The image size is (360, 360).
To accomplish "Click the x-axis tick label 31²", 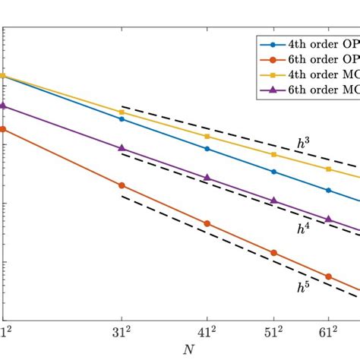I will (x=122, y=332).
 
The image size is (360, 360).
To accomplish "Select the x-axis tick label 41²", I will (x=207, y=332).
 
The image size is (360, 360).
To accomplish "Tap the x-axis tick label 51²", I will (x=273, y=332).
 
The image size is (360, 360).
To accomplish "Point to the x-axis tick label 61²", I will (x=328, y=332).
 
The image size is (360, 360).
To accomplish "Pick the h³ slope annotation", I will (x=303, y=141).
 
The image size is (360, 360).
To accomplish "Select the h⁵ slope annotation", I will (x=303, y=286).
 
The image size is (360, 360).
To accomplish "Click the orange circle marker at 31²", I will (x=122, y=185).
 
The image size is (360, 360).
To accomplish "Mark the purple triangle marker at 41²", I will (x=207, y=178).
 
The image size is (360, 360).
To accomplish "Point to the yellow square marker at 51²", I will (x=273, y=155).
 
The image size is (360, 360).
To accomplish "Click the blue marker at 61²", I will (x=328, y=191).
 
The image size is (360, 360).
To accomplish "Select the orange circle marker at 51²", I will (x=273, y=253).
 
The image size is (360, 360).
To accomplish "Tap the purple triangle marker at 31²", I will (x=122, y=148).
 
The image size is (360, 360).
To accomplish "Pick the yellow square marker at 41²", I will (x=207, y=136).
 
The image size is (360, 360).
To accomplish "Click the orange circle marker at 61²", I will (x=328, y=276).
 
